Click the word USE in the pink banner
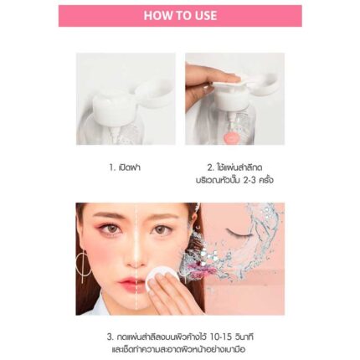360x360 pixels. [x=205, y=16]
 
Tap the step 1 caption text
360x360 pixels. [x=125, y=167]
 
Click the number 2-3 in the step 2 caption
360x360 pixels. [x=249, y=180]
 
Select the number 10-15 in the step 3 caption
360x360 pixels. [x=220, y=337]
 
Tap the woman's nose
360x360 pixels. [x=135, y=260]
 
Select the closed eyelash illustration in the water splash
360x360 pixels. [x=237, y=234]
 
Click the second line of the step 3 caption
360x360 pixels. [x=178, y=349]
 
